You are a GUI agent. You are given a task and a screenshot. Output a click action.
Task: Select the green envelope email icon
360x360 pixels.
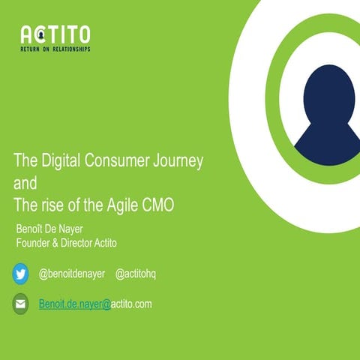point(21,304)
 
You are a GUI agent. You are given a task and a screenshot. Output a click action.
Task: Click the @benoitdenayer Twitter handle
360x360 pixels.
point(72,274)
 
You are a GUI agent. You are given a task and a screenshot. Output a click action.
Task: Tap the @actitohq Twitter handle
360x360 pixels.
point(139,274)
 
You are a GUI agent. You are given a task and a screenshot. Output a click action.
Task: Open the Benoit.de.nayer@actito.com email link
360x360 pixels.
point(95,304)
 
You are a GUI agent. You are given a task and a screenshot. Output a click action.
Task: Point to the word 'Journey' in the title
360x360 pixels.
point(178,160)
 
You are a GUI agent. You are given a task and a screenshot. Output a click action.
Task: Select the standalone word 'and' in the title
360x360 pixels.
point(25,182)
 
